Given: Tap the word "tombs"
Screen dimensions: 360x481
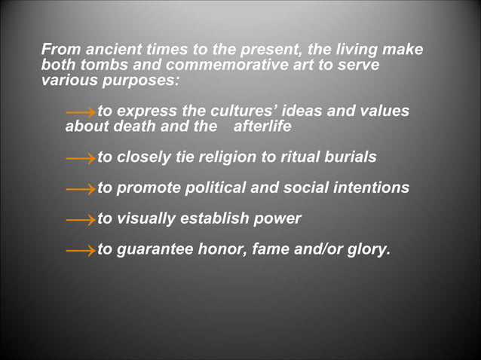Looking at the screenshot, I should click(x=103, y=65).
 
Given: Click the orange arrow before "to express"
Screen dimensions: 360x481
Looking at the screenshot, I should click(x=80, y=112).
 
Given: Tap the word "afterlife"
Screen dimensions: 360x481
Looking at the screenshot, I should click(x=262, y=127).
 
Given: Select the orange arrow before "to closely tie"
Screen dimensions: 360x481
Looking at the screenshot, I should click(x=80, y=158).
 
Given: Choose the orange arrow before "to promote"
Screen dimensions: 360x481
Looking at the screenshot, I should click(x=80, y=189).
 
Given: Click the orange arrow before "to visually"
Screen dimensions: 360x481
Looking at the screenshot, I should click(x=80, y=220).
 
